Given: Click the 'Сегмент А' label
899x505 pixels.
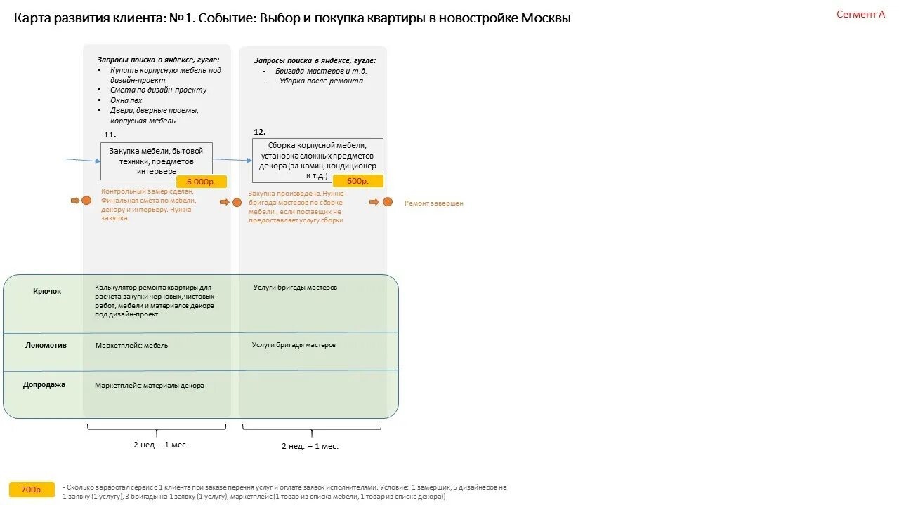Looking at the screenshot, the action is pos(860,14).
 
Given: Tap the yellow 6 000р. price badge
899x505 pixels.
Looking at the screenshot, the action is pos(202,182).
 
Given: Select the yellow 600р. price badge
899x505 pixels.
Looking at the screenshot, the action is pos(357,181).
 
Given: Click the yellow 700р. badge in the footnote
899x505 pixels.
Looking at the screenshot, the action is pos(32,490).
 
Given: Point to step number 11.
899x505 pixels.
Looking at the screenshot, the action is pos(110,135).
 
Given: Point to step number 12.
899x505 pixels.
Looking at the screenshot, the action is pos(259,132).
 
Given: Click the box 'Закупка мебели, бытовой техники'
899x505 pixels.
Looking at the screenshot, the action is pos(156,160).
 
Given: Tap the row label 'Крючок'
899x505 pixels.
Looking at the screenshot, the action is pos(47,291).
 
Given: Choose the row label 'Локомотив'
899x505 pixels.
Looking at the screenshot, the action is pos(46,345).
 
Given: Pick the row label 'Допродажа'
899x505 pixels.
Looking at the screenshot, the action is pos(44,384).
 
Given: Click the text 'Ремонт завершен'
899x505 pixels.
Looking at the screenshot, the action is pos(433,203).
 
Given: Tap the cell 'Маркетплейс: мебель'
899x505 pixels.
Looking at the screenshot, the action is pos(131,346).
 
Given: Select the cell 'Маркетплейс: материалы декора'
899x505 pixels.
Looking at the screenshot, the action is pos(150,386).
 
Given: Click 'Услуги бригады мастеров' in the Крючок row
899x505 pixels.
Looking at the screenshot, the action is pos(295,288).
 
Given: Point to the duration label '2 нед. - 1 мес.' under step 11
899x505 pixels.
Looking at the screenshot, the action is pos(161,445).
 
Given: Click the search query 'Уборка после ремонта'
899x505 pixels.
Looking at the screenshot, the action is pos(321,81).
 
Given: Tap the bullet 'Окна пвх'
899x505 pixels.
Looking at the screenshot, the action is pos(126,100).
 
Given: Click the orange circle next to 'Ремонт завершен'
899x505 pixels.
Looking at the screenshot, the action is pos(387,202).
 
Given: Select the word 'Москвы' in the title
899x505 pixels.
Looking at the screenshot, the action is pos(546,18).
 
